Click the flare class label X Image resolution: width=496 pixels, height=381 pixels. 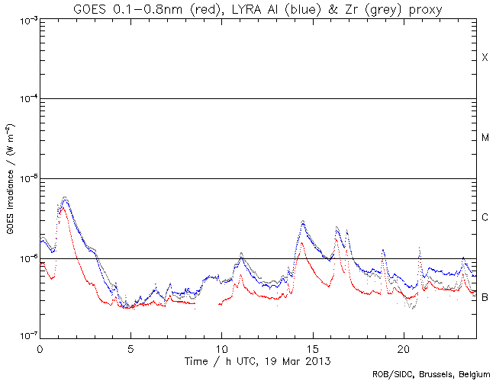(x=485, y=58)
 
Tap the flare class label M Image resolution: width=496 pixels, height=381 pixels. (x=485, y=138)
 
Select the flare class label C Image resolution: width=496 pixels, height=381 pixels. (x=485, y=218)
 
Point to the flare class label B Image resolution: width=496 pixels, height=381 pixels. (x=485, y=297)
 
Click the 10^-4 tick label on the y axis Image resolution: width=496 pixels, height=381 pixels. (x=24, y=99)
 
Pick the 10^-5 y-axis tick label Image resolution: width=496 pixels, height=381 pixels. (x=24, y=178)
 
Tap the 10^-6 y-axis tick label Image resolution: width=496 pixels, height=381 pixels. (x=24, y=258)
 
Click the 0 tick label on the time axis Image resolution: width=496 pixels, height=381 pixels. (x=40, y=347)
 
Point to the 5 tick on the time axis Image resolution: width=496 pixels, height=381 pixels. (x=130, y=347)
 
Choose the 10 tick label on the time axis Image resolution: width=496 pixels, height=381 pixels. (x=221, y=347)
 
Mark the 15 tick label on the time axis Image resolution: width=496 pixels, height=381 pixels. (x=312, y=347)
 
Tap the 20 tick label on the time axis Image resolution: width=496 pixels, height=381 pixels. (x=403, y=347)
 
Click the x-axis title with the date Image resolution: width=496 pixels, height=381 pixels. (x=258, y=358)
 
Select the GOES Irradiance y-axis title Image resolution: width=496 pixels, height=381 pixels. (x=10, y=178)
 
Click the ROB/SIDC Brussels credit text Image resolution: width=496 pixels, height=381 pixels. (x=431, y=374)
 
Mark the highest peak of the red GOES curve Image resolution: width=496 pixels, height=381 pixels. (x=64, y=207)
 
